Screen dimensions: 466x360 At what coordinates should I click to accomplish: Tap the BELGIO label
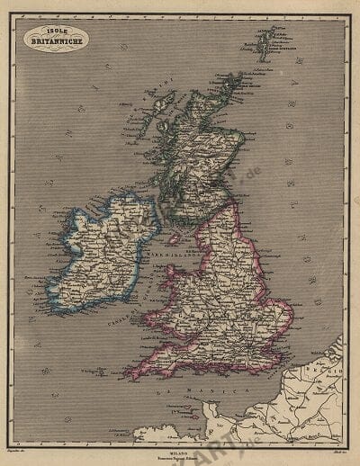[x=334, y=346]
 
